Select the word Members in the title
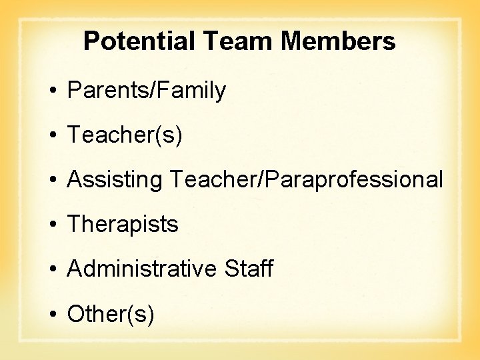[x=338, y=42]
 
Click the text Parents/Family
[x=147, y=91]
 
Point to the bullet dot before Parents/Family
[x=51, y=91]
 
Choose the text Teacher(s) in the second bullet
[x=125, y=135]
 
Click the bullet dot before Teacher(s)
[x=51, y=135]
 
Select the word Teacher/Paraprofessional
[x=306, y=180]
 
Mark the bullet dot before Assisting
[x=51, y=180]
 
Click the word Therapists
[x=123, y=225]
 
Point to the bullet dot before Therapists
[x=51, y=225]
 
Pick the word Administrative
[x=142, y=269]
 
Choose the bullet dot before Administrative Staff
[x=51, y=269]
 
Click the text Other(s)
[x=111, y=314]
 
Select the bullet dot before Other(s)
[x=51, y=314]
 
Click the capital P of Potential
[x=91, y=42]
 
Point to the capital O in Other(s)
[x=75, y=314]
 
